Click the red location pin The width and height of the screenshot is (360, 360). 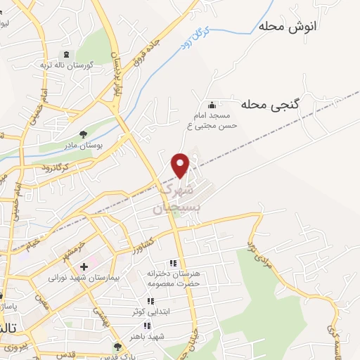181,165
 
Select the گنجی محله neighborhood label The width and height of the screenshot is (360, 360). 270,104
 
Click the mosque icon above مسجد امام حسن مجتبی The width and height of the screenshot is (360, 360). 212,105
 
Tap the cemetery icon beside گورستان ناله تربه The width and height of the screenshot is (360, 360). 67,54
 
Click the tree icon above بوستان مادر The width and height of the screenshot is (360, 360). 84,134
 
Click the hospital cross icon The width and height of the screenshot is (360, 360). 84,266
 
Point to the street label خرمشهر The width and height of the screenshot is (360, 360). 76,249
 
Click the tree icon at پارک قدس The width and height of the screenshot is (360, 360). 117,346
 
